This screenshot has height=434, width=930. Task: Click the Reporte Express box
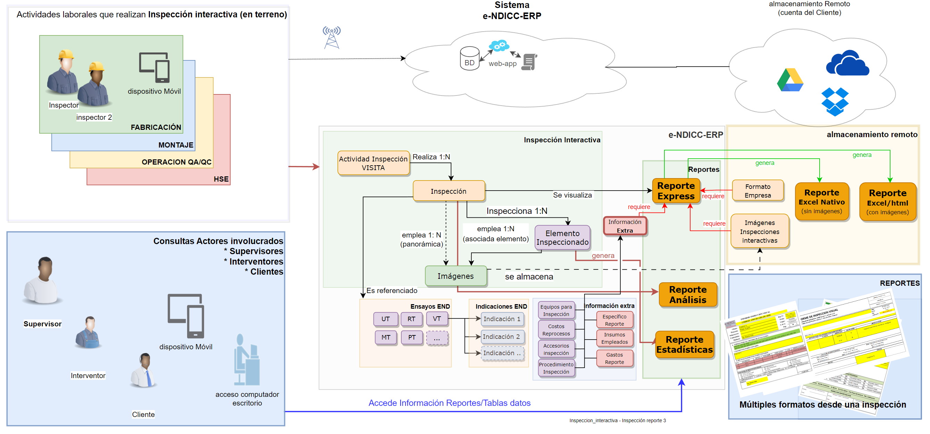pyautogui.click(x=676, y=191)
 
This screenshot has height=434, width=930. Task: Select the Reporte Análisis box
pyautogui.click(x=687, y=294)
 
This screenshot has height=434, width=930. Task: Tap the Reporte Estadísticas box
pyautogui.click(x=684, y=344)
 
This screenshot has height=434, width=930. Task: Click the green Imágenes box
pyautogui.click(x=455, y=276)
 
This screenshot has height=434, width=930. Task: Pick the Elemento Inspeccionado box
pyautogui.click(x=562, y=237)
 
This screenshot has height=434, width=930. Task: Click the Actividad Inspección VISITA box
pyautogui.click(x=373, y=163)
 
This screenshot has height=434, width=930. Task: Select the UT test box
pyautogui.click(x=385, y=319)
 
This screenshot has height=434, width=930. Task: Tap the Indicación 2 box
pyautogui.click(x=502, y=336)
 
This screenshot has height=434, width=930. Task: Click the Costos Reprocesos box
pyautogui.click(x=556, y=329)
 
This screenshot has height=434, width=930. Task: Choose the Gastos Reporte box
pyautogui.click(x=614, y=358)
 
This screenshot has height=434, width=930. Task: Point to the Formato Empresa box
pyautogui.click(x=757, y=191)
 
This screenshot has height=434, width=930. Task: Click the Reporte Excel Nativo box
pyautogui.click(x=821, y=201)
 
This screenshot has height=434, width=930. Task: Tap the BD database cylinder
pyautogui.click(x=469, y=58)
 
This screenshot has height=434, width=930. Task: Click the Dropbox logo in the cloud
pyautogui.click(x=834, y=101)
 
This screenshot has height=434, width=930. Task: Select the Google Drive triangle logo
pyautogui.click(x=789, y=80)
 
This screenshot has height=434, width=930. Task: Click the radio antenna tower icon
pyautogui.click(x=332, y=37)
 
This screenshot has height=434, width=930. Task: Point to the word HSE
pyautogui.click(x=221, y=179)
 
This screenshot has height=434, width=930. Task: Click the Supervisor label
pyautogui.click(x=42, y=324)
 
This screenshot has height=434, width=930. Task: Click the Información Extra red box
pyautogui.click(x=625, y=226)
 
